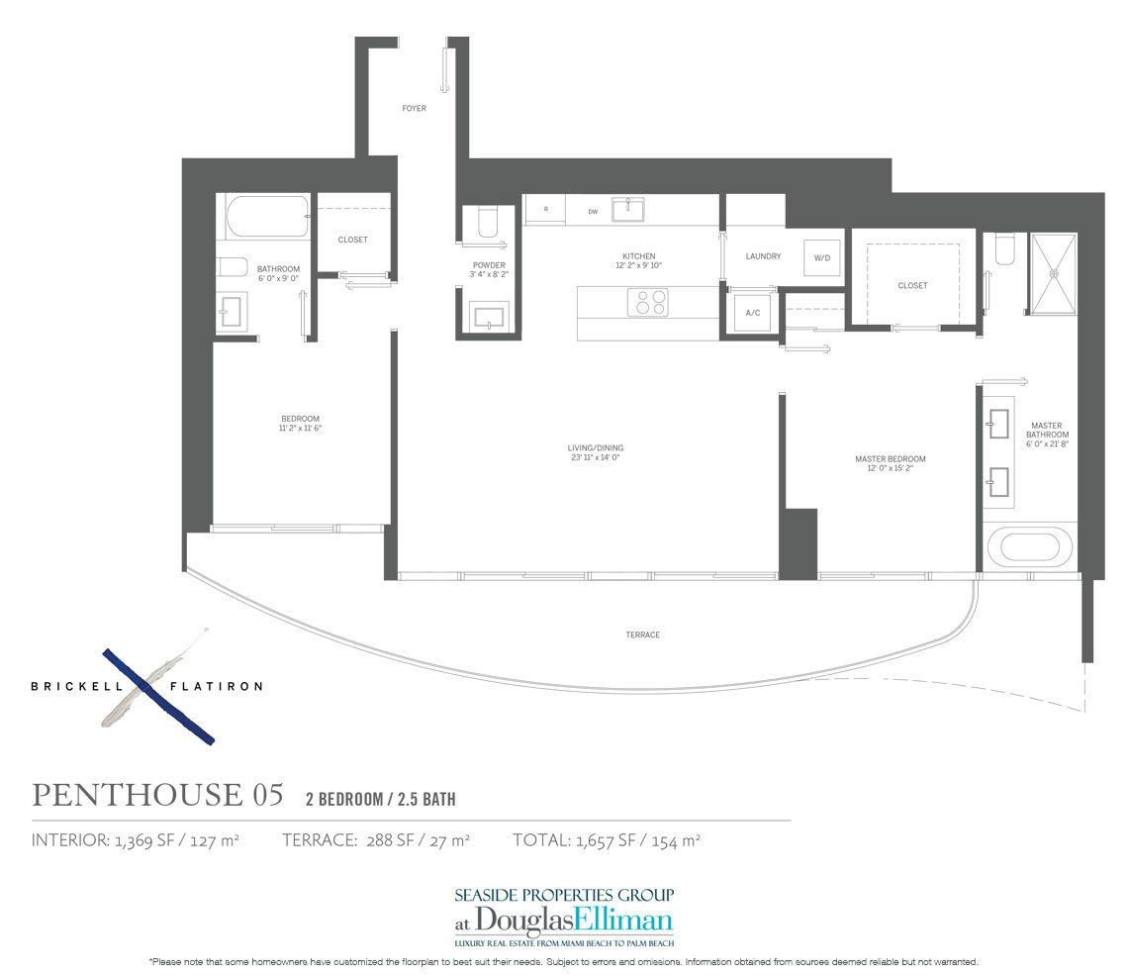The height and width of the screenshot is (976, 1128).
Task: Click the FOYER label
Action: point(414,108)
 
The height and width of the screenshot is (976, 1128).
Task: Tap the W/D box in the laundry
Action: point(821,257)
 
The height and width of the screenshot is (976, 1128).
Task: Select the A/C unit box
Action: point(752,313)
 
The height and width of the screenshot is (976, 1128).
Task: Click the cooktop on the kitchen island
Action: point(647,302)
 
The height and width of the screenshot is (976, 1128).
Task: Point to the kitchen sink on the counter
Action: point(627,209)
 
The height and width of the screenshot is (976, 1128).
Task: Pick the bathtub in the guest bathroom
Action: point(266,216)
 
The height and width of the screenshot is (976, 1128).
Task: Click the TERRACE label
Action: point(642,634)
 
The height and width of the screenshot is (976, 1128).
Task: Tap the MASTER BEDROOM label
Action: point(890,459)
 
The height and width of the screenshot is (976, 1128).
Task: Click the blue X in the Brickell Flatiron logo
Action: point(158,696)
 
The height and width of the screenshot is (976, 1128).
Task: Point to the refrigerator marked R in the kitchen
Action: point(544,210)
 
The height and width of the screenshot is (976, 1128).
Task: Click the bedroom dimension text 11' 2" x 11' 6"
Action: point(300,428)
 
